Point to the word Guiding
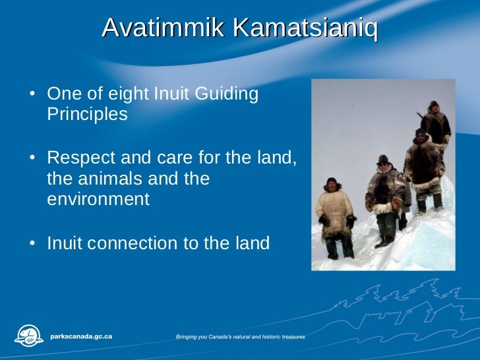(227, 94)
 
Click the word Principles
(87, 114)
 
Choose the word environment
(98, 198)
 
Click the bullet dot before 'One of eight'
(32, 95)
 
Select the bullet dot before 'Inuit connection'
(32, 244)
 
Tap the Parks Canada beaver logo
(28, 336)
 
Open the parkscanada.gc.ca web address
(81, 336)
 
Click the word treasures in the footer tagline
(289, 337)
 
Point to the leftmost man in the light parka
(334, 214)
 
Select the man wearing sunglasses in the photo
(384, 191)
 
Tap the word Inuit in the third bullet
(64, 243)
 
